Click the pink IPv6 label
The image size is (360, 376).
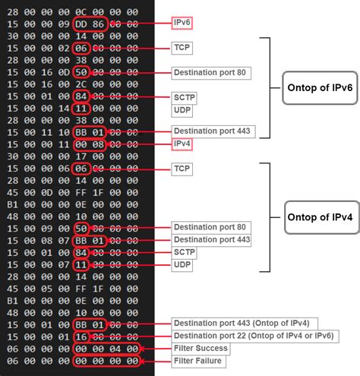click(x=182, y=24)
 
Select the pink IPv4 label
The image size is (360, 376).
click(x=182, y=143)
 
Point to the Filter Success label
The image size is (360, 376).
click(x=201, y=348)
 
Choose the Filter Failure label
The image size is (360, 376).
click(x=200, y=360)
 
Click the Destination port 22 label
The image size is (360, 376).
click(x=254, y=336)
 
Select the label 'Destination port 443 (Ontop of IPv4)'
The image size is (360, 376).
click(x=246, y=324)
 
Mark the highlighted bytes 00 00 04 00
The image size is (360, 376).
click(x=106, y=348)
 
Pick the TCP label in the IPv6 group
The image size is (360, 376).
click(x=182, y=47)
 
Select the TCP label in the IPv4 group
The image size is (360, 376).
click(x=182, y=167)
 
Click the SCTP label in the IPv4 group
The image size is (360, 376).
click(x=185, y=251)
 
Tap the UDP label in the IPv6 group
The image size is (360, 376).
click(x=183, y=109)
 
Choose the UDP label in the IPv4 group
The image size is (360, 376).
click(x=183, y=265)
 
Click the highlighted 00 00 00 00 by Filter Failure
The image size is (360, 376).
click(x=106, y=360)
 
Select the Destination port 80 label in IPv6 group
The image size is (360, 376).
click(x=212, y=72)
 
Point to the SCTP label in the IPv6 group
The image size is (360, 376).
click(x=185, y=96)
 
